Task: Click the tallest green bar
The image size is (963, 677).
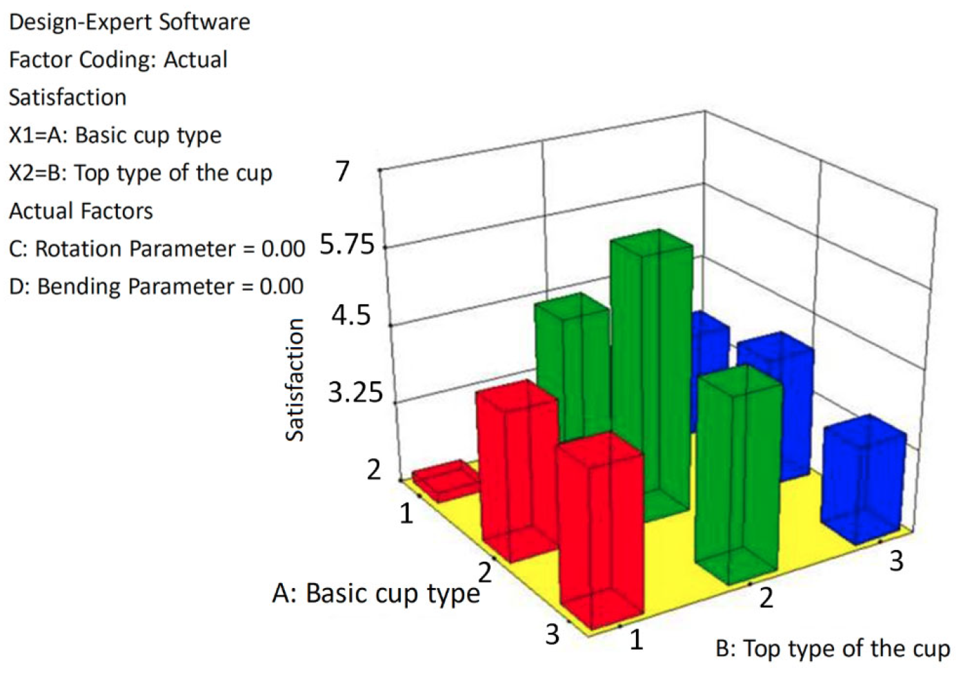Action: click(651, 374)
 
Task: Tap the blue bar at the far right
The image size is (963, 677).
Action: click(864, 479)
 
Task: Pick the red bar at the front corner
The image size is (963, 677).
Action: click(601, 531)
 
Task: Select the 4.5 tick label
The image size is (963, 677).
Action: click(351, 315)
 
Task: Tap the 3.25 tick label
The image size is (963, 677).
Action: click(355, 392)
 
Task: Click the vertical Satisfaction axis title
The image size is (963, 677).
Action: click(295, 380)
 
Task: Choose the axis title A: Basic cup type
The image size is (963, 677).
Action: click(376, 594)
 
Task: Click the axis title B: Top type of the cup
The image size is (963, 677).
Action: click(833, 649)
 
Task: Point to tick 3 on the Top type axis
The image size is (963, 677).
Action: click(896, 561)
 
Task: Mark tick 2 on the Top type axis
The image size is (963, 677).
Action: click(766, 598)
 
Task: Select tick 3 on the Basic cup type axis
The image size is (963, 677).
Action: click(553, 634)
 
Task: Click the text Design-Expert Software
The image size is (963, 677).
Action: click(130, 22)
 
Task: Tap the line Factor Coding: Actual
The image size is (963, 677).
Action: click(118, 60)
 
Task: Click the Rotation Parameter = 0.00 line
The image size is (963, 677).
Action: click(157, 248)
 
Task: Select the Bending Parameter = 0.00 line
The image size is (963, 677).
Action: click(156, 286)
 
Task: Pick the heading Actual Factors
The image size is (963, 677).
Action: click(81, 211)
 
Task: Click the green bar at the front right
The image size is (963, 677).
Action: click(739, 475)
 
